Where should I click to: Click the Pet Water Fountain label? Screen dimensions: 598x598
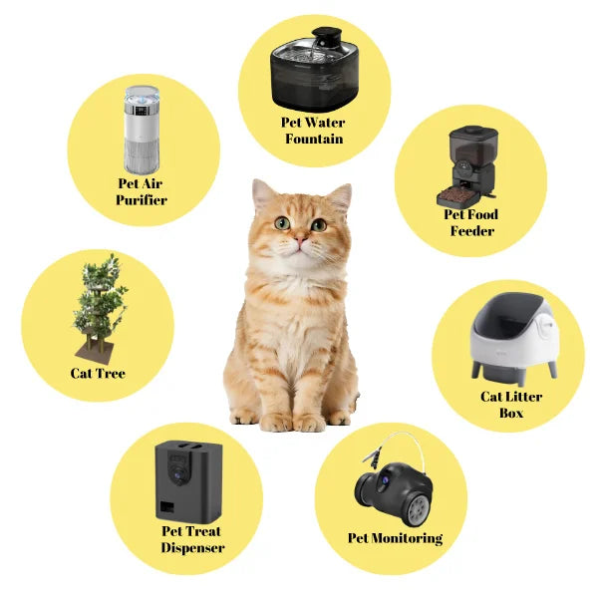pos(314,131)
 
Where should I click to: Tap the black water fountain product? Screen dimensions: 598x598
pos(314,67)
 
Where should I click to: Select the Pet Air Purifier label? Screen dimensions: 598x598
pos(141,191)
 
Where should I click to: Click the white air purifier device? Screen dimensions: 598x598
pos(141,130)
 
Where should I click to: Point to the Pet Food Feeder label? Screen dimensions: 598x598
pos(470,222)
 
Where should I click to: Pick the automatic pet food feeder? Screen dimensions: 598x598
pos(471,165)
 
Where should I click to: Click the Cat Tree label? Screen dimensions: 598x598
pos(98,374)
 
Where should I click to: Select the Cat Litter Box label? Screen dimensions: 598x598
pos(510,405)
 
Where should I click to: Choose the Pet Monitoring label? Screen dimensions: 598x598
pos(395,538)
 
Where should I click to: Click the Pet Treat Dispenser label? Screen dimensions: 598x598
pos(192,539)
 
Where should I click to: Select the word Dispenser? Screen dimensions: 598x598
pos(192,547)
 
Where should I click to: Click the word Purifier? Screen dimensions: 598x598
pos(141,199)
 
